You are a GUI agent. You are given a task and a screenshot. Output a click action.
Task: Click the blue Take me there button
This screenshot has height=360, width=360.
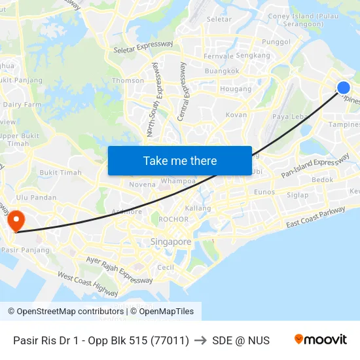(x=179, y=160)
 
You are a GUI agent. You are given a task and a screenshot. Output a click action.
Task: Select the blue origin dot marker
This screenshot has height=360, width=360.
(x=343, y=88)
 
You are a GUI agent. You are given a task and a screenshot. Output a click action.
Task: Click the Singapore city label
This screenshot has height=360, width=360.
(x=171, y=242)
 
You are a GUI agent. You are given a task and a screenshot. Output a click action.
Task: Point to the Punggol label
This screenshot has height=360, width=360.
(x=276, y=42)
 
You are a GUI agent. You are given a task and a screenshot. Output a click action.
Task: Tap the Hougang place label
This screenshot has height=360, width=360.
(x=236, y=89)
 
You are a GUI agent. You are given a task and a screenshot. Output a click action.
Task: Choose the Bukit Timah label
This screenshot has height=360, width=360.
(x=60, y=173)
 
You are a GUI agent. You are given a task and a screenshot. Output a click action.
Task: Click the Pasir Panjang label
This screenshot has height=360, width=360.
(x=26, y=250)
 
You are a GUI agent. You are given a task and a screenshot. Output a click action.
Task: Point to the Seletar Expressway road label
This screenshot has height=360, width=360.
(x=143, y=48)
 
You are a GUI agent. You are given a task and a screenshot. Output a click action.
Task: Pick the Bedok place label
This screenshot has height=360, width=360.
(x=322, y=179)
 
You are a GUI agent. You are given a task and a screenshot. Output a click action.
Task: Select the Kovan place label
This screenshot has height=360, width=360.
(x=236, y=115)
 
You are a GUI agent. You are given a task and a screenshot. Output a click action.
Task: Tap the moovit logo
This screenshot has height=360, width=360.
(x=320, y=340)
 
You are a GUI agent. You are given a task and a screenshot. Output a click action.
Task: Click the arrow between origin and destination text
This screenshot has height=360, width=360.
(x=200, y=340)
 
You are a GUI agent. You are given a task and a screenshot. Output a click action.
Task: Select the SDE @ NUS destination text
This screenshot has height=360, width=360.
(x=241, y=340)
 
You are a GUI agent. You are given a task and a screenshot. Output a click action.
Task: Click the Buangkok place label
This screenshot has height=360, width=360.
(x=221, y=71)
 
